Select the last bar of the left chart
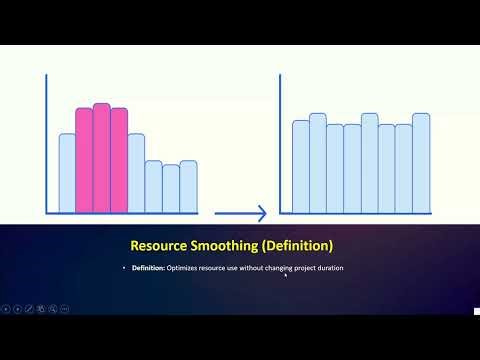coord(188,187)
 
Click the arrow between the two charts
coord(241,213)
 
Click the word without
coord(246,268)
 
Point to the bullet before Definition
coord(124,268)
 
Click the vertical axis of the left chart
coord(46,145)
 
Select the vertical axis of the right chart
coord(281,145)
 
